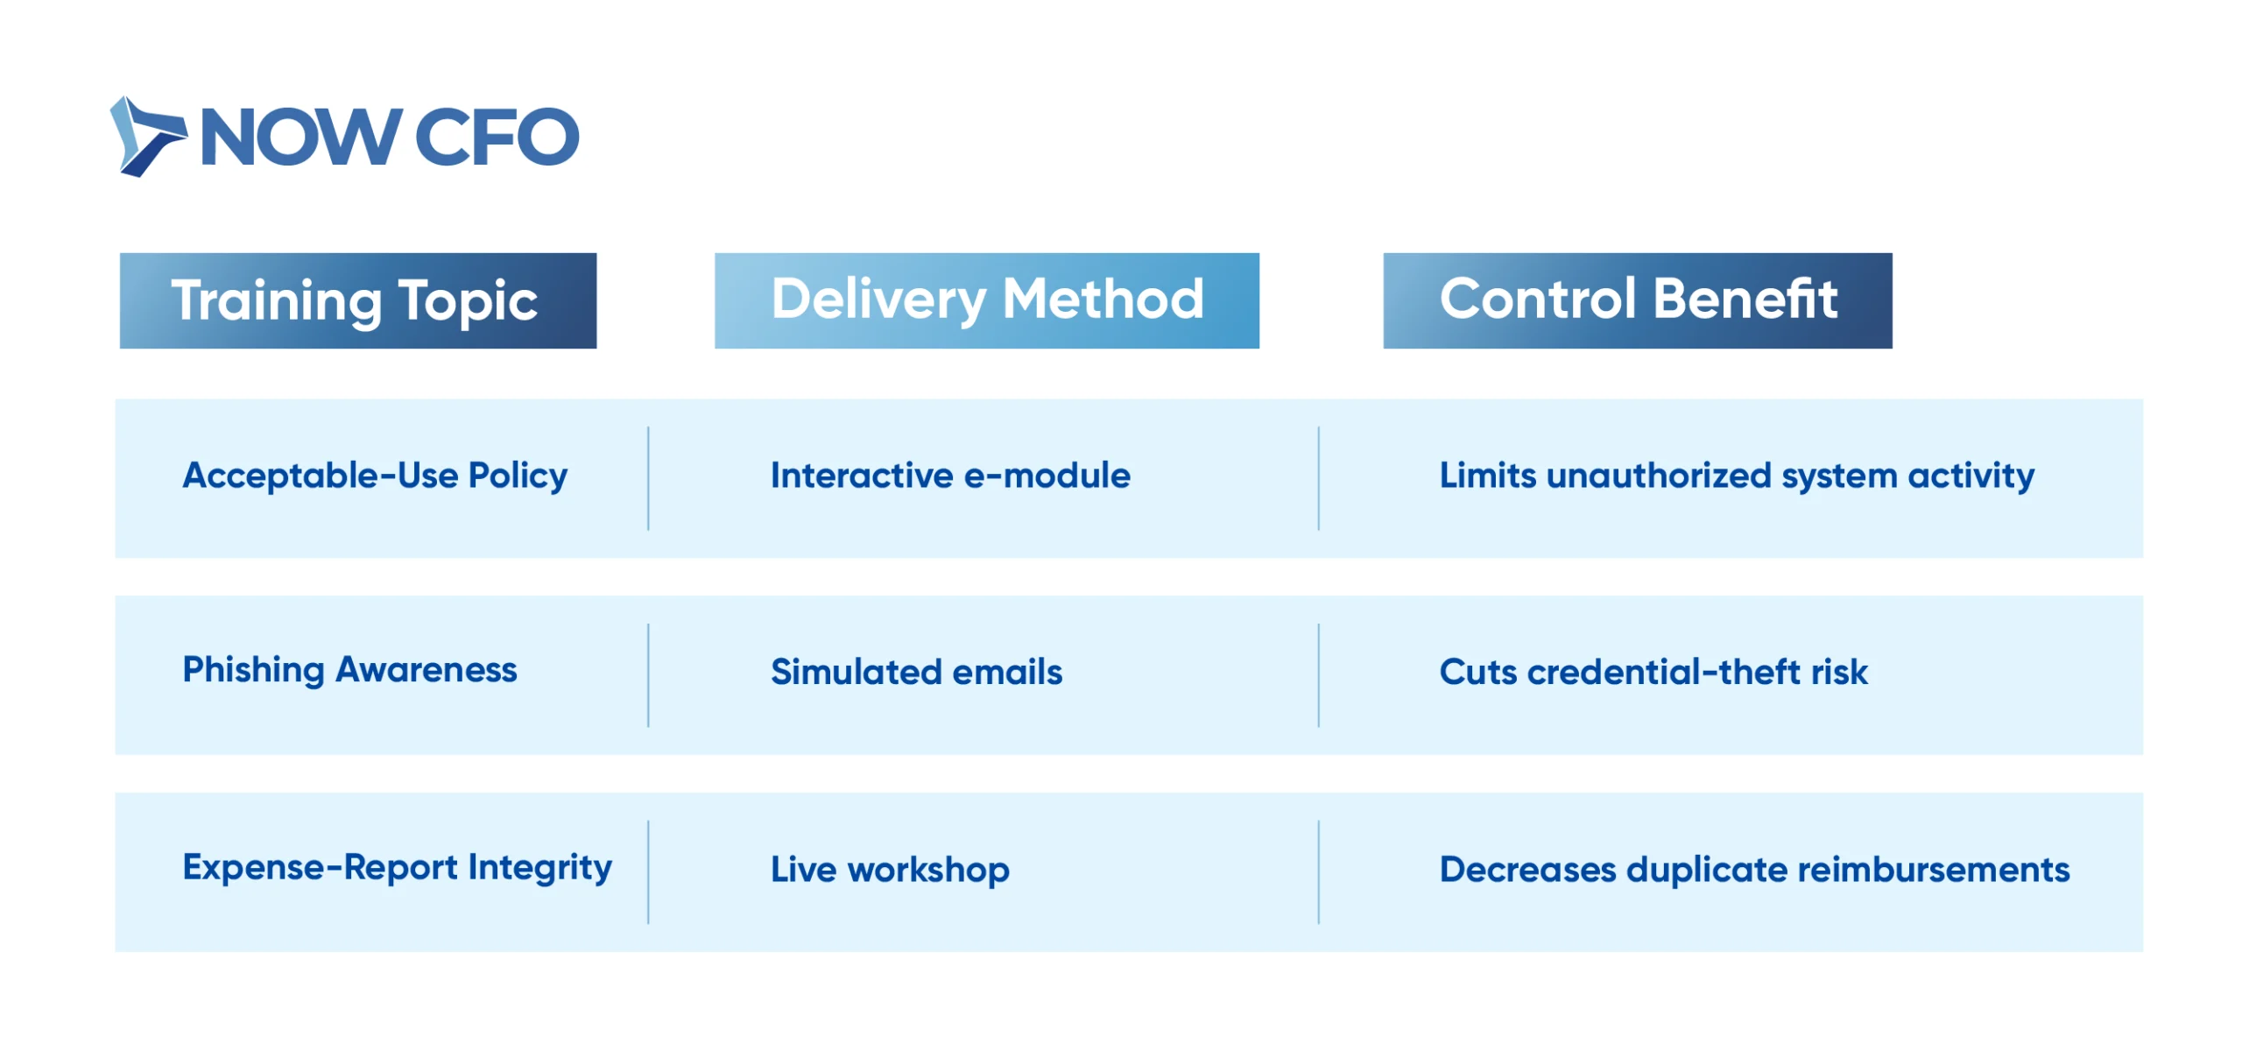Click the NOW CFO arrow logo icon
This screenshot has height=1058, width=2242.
click(x=147, y=137)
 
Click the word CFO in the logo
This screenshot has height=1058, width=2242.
click(x=497, y=137)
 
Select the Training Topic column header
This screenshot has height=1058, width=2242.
click(x=357, y=300)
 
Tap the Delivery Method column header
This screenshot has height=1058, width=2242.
click(x=987, y=300)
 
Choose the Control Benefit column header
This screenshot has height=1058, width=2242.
click(x=1638, y=300)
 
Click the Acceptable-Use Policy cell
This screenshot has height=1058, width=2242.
click(x=375, y=476)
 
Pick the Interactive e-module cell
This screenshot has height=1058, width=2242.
click(x=950, y=476)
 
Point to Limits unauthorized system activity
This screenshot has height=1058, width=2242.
click(x=1737, y=476)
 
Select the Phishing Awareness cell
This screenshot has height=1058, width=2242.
click(x=349, y=671)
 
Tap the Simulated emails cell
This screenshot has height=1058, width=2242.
click(x=916, y=672)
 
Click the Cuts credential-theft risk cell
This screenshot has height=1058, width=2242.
click(x=1653, y=672)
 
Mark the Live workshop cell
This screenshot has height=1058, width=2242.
click(x=890, y=870)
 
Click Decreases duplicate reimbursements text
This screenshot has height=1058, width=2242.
click(x=1754, y=870)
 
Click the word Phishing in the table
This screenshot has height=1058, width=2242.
click(x=253, y=671)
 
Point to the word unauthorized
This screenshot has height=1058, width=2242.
click(x=1659, y=476)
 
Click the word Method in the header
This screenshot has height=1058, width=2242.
click(x=1103, y=299)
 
